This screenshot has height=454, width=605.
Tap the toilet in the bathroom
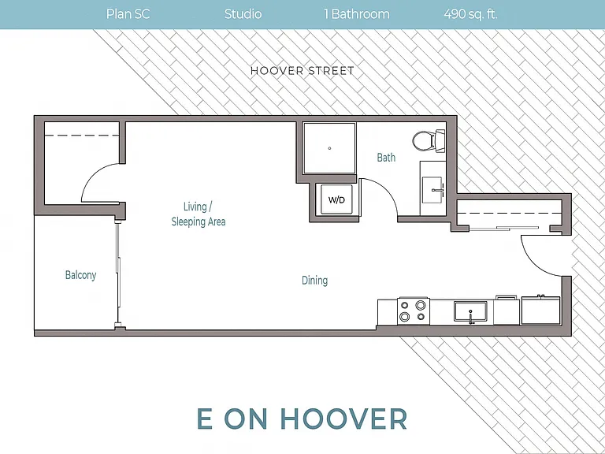click(429, 140)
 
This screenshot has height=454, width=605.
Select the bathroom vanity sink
click(433, 190)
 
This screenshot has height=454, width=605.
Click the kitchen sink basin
click(470, 311)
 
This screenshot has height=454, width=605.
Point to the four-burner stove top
click(414, 311)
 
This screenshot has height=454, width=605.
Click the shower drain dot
click(329, 148)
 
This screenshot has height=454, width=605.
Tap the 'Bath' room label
click(386, 158)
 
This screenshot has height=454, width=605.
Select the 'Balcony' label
click(80, 275)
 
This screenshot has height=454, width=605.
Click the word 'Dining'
click(315, 281)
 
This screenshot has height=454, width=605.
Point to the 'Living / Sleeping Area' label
click(199, 214)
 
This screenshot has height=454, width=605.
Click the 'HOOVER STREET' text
click(302, 71)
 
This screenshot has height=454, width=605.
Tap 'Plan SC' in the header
click(128, 14)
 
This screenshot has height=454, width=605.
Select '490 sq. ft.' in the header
click(470, 14)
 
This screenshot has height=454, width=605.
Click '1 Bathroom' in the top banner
click(357, 14)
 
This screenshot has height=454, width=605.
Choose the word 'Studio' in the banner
click(243, 14)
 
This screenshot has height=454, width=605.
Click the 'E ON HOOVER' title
click(302, 419)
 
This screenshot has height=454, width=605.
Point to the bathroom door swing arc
click(388, 191)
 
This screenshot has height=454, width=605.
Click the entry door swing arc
click(529, 262)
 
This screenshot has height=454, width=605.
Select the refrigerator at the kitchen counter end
click(540, 310)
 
